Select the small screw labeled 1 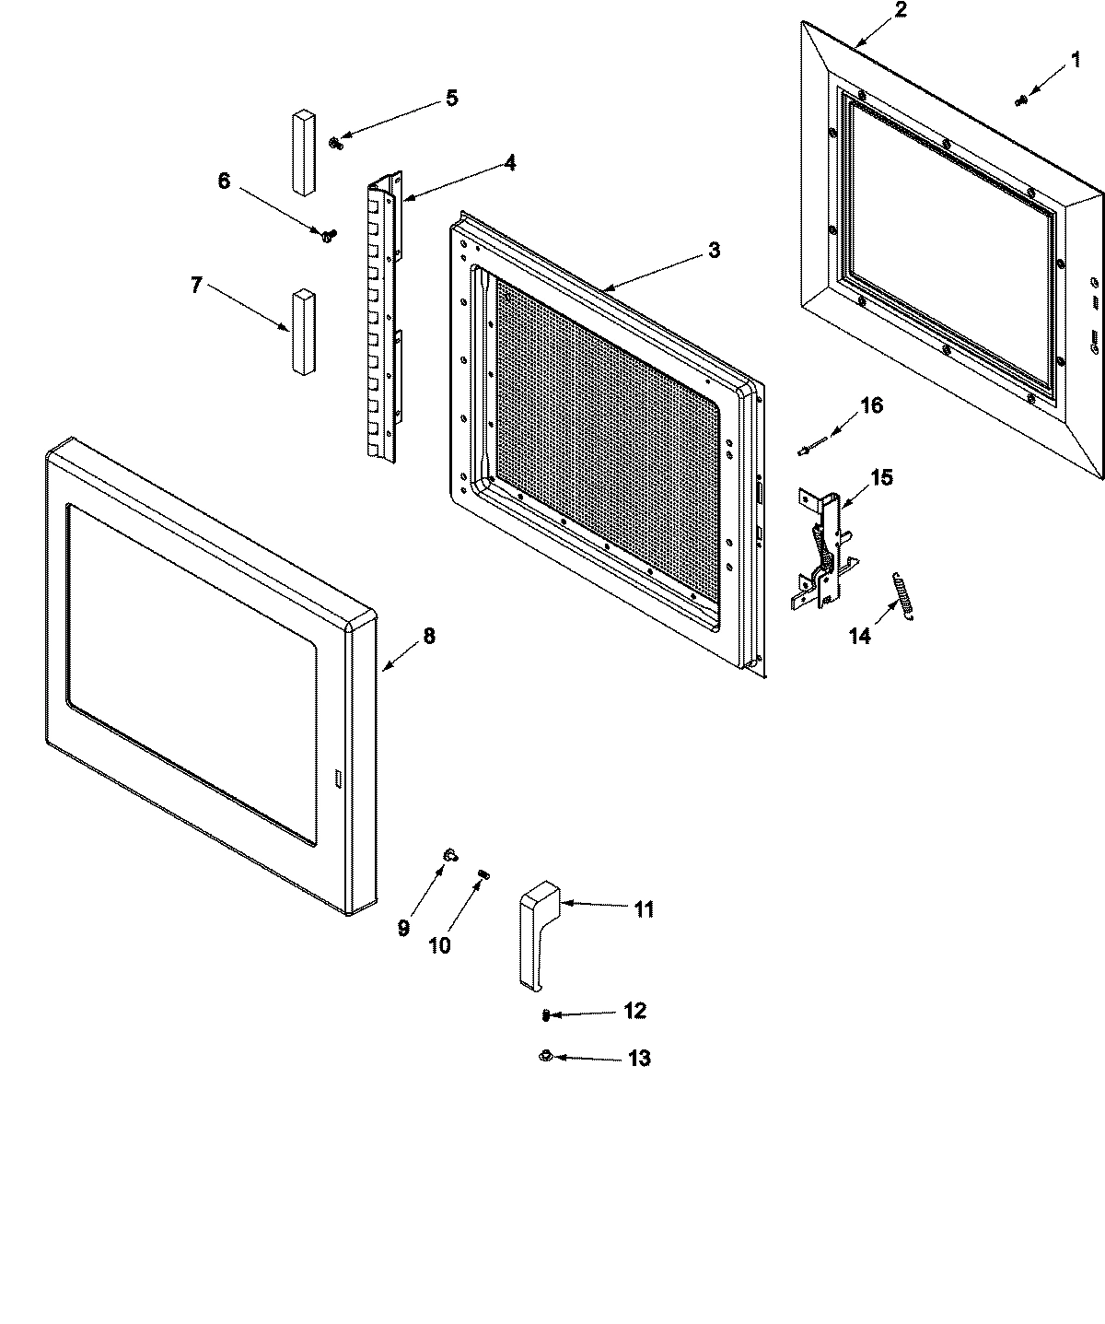click(x=1021, y=100)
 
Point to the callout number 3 click(x=714, y=250)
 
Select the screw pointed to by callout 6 click(x=327, y=235)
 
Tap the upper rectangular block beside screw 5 click(x=303, y=153)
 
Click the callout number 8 click(x=428, y=636)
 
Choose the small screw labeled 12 click(x=547, y=1014)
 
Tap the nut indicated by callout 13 click(x=545, y=1056)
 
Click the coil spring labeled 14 click(x=901, y=595)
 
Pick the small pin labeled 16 click(x=807, y=451)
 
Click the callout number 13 click(x=638, y=1058)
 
